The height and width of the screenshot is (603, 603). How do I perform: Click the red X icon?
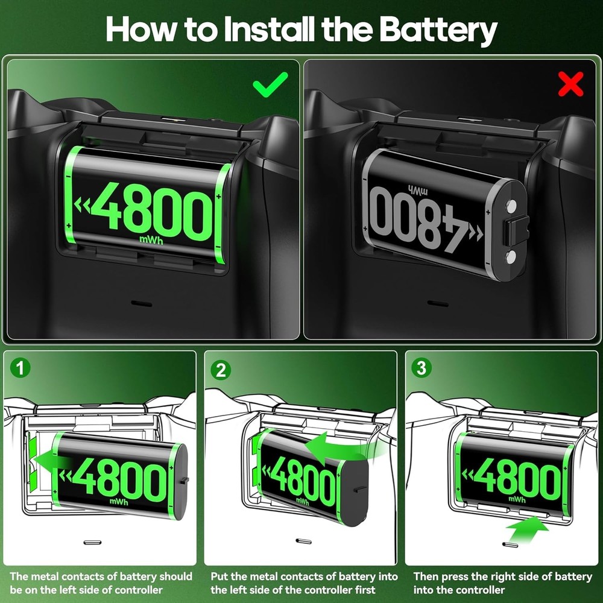coord(570,86)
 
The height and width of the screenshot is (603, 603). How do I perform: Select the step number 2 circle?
coord(221,370)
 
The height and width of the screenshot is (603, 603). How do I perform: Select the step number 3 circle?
coord(421,368)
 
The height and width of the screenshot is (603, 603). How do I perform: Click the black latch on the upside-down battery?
coord(516,231)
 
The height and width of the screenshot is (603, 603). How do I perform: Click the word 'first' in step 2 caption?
coord(362,590)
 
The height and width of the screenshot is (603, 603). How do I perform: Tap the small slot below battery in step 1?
coord(92,542)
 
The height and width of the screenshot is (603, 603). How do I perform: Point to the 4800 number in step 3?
coord(517,480)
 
